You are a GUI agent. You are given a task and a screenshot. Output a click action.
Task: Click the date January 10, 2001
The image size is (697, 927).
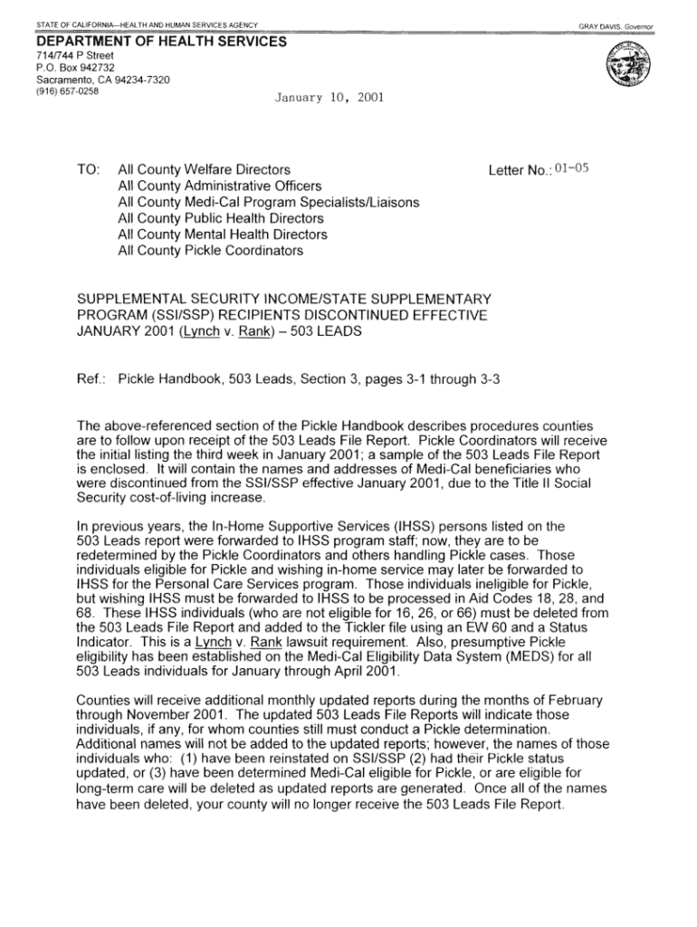tap(316, 96)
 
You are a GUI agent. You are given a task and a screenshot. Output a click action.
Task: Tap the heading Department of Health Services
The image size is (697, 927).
tap(161, 42)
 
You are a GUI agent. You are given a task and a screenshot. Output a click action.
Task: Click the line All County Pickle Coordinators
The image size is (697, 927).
tap(211, 251)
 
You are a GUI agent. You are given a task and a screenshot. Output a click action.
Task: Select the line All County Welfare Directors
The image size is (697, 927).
tap(205, 169)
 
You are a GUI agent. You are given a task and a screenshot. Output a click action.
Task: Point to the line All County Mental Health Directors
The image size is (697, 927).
tap(223, 234)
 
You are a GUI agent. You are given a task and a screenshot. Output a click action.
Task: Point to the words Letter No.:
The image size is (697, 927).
tap(520, 169)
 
